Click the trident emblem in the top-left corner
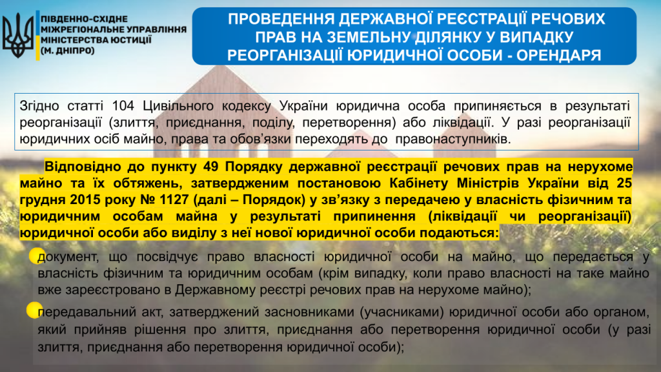click(x=17, y=36)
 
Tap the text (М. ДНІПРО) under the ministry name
click(x=67, y=50)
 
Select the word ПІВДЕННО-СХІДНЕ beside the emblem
click(x=85, y=19)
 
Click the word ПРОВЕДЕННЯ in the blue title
click(x=281, y=19)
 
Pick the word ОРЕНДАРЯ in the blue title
click(x=558, y=56)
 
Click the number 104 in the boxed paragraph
click(x=123, y=106)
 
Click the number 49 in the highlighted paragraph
click(x=210, y=167)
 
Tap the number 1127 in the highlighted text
click(x=174, y=200)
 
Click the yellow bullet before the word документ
click(x=36, y=256)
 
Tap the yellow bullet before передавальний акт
click(x=34, y=310)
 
